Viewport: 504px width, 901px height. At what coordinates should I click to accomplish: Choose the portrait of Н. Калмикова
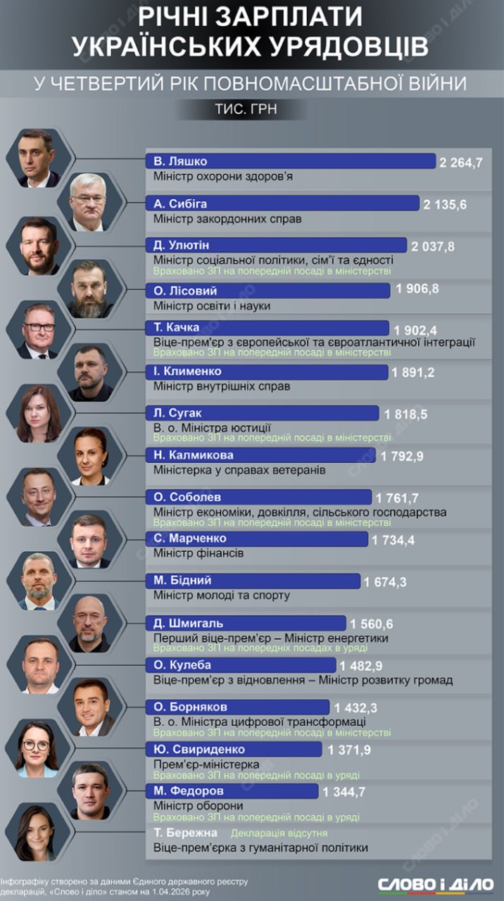(92, 456)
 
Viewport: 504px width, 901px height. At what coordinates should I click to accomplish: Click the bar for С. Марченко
(256, 538)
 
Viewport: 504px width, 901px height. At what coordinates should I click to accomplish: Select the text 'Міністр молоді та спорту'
(221, 596)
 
